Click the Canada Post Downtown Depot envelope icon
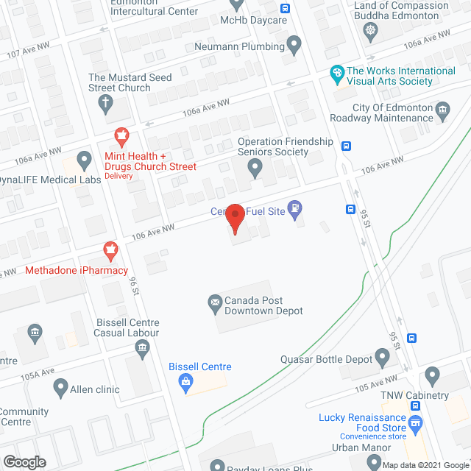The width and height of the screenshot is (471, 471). pyautogui.click(x=216, y=301)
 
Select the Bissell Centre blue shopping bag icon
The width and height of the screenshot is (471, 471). pyautogui.click(x=186, y=380)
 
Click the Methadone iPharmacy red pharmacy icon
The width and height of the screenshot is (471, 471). pyautogui.click(x=110, y=250)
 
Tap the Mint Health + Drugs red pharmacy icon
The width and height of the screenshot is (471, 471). pyautogui.click(x=121, y=135)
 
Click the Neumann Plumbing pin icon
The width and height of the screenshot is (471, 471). pyautogui.click(x=294, y=46)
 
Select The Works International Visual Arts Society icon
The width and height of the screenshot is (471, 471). pyautogui.click(x=336, y=74)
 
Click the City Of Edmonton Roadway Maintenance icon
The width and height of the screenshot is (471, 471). pyautogui.click(x=442, y=112)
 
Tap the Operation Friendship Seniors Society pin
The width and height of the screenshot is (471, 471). pyautogui.click(x=255, y=169)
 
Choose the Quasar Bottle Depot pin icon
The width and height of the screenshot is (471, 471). pyautogui.click(x=381, y=358)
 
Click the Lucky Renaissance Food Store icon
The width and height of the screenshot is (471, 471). pyautogui.click(x=416, y=422)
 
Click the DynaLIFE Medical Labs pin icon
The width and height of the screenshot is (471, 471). pyautogui.click(x=84, y=158)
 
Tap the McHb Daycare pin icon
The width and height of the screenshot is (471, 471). pyautogui.click(x=237, y=4)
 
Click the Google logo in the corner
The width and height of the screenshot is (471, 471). pyautogui.click(x=24, y=461)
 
